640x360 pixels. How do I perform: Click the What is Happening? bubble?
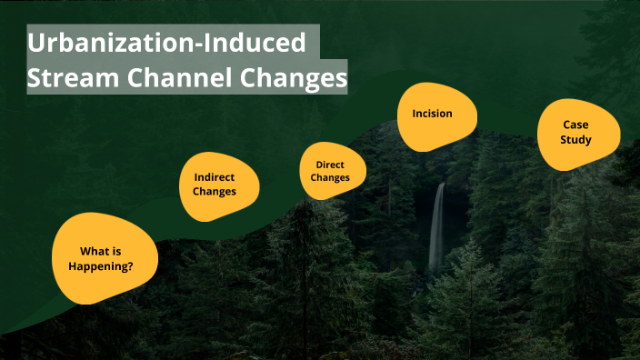105,258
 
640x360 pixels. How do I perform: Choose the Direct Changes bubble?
333,171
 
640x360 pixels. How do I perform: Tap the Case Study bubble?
579,133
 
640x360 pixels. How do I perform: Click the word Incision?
432,114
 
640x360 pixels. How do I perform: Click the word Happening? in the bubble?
100,266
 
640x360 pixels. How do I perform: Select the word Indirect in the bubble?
215,178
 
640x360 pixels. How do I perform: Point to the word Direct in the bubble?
329,165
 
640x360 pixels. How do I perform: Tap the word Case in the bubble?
576,125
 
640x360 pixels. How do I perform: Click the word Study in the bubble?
576,140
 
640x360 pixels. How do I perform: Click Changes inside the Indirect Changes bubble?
215,192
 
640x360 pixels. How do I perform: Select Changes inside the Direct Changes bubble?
329,178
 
